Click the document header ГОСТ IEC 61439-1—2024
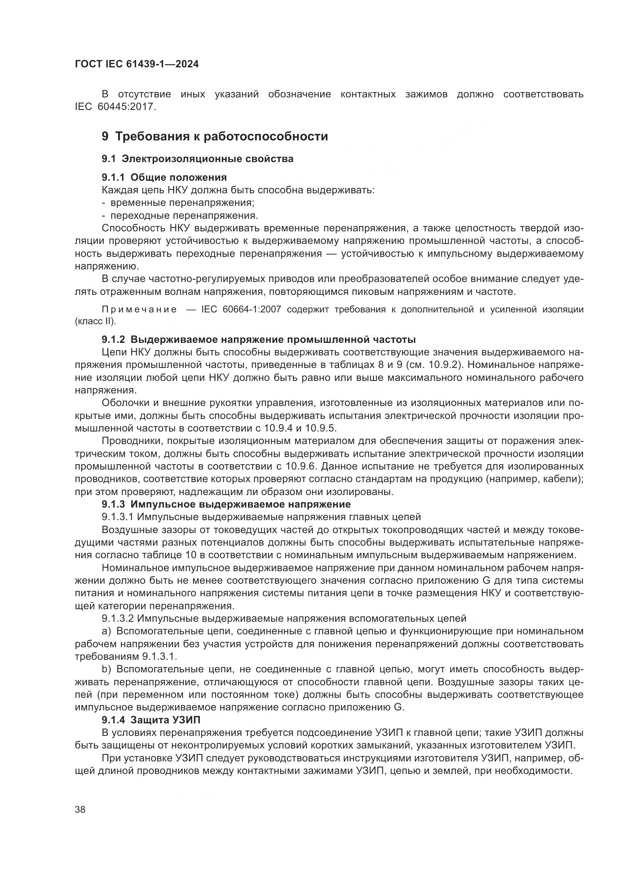pyautogui.click(x=137, y=64)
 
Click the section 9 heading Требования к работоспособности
pyautogui.click(x=214, y=137)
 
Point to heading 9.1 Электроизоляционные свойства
pyautogui.click(x=197, y=159)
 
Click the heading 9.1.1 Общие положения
pyautogui.click(x=164, y=178)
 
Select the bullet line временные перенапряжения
pyautogui.click(x=182, y=203)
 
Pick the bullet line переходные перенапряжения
pyautogui.click(x=184, y=215)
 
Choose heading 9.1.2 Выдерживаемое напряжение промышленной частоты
pyautogui.click(x=259, y=339)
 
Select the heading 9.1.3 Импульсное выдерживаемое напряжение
pyautogui.click(x=226, y=504)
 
